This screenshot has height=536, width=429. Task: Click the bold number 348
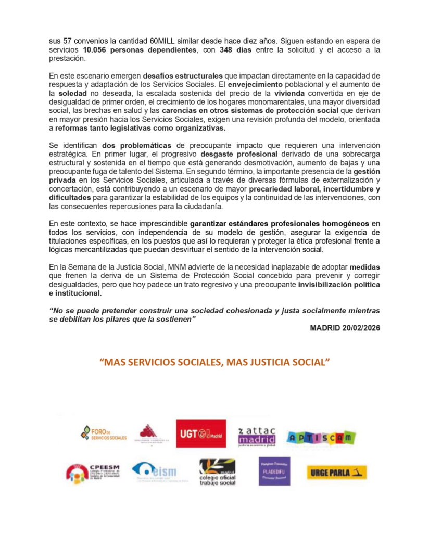(x=220, y=50)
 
